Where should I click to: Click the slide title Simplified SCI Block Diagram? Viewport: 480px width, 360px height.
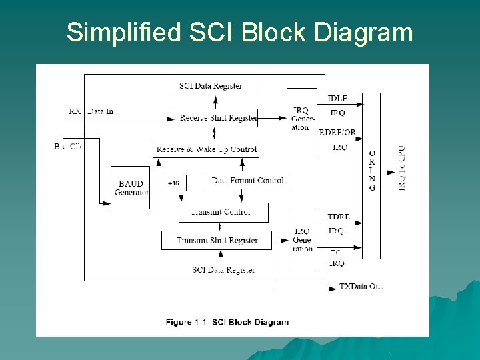click(x=239, y=32)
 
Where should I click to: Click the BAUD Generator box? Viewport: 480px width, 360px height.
click(x=131, y=187)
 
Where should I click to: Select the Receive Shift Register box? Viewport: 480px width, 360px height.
click(x=215, y=118)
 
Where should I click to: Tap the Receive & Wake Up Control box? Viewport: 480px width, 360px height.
click(x=206, y=149)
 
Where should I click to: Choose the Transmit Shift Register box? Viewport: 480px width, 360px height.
click(x=217, y=240)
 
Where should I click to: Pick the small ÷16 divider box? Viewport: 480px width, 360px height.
click(x=174, y=183)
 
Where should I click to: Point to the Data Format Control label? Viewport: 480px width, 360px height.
click(x=247, y=180)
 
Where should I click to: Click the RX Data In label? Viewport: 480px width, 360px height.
click(x=91, y=111)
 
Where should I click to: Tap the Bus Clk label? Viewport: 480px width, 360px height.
click(x=68, y=146)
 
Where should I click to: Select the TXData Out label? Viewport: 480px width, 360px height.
click(x=361, y=286)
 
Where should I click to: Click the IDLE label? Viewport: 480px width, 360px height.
click(x=337, y=99)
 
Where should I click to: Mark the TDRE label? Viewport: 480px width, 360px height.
click(x=339, y=217)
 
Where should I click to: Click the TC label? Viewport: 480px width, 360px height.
click(x=335, y=253)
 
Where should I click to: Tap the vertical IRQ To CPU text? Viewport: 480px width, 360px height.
click(x=401, y=169)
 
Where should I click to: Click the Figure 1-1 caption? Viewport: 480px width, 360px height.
click(x=227, y=322)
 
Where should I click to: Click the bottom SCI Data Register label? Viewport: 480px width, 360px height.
click(x=223, y=270)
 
